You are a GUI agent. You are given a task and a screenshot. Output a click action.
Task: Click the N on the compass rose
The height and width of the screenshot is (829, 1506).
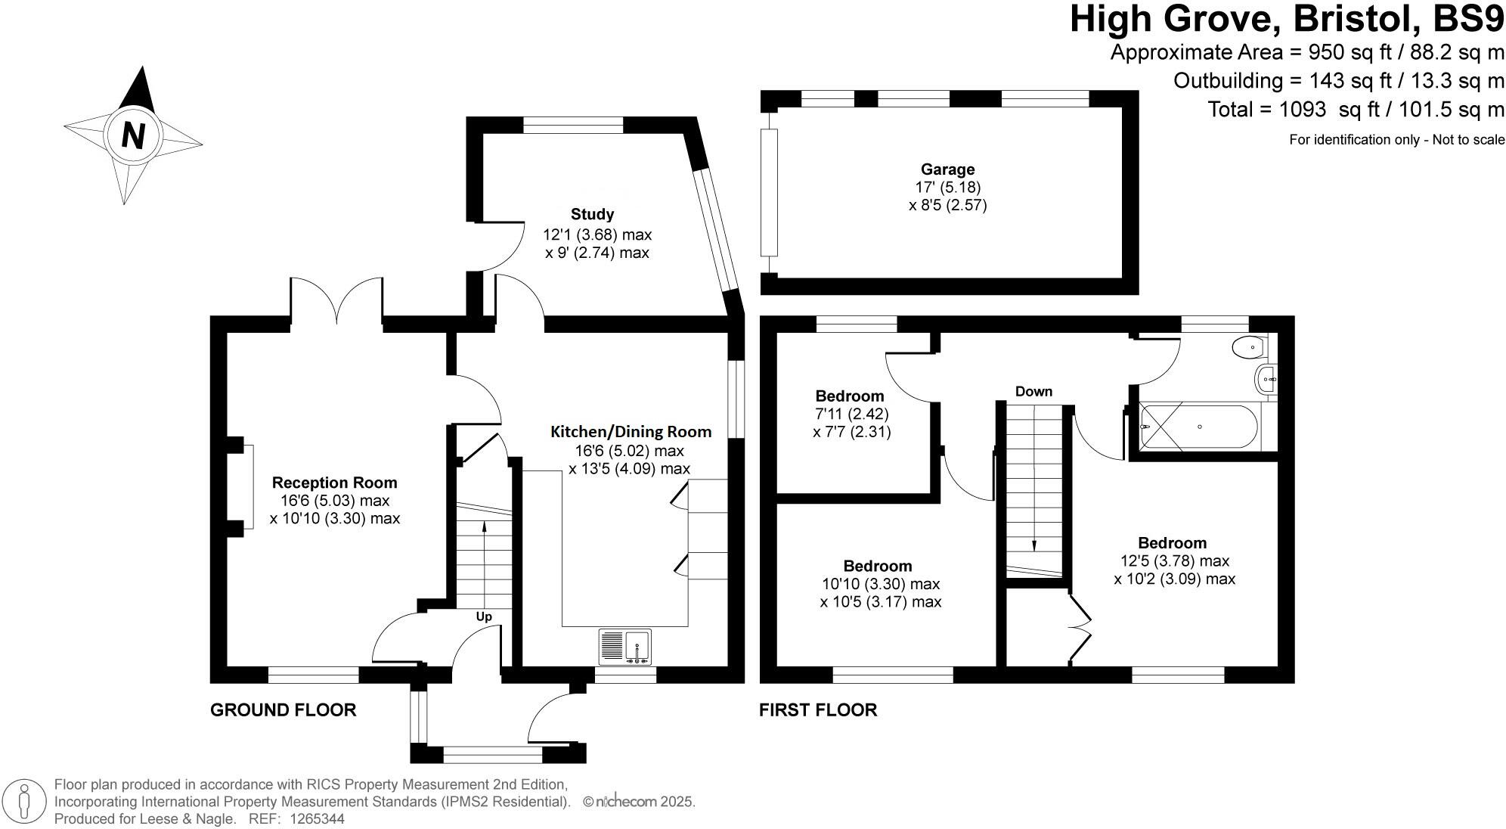pos(134,137)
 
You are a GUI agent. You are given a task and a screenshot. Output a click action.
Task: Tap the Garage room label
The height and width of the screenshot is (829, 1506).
pos(947,169)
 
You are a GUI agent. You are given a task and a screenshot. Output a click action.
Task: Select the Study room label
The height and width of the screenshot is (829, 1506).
pos(593,214)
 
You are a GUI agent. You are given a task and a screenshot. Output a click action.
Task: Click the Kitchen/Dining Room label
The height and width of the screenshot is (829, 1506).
pos(631,432)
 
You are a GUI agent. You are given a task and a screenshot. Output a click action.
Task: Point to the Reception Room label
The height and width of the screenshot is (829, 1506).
pos(334,483)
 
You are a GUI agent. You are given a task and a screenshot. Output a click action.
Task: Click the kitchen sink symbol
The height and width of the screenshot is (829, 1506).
pos(625,647)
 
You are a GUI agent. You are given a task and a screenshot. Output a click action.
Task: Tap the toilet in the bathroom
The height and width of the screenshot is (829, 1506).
pos(1247,348)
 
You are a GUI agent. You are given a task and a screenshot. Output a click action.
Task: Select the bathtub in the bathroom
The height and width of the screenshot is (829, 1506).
pos(1199,427)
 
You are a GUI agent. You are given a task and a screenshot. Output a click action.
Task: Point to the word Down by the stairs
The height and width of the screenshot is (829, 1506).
pos(1033,392)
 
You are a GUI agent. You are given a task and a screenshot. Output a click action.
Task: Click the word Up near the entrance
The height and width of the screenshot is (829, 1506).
pos(484,616)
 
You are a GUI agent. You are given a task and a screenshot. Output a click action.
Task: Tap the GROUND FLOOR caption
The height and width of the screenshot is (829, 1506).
pos(283,709)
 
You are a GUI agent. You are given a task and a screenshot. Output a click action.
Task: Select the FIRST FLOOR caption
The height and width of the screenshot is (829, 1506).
pos(818,709)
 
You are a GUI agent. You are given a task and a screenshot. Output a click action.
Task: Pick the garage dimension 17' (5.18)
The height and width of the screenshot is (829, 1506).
pos(948,187)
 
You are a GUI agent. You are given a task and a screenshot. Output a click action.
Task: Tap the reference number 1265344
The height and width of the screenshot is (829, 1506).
pos(313,818)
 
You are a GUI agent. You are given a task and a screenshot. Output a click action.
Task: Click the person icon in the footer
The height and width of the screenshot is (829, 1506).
pos(25,801)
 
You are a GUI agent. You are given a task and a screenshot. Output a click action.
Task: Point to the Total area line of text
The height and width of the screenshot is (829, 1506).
pos(1356,110)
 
